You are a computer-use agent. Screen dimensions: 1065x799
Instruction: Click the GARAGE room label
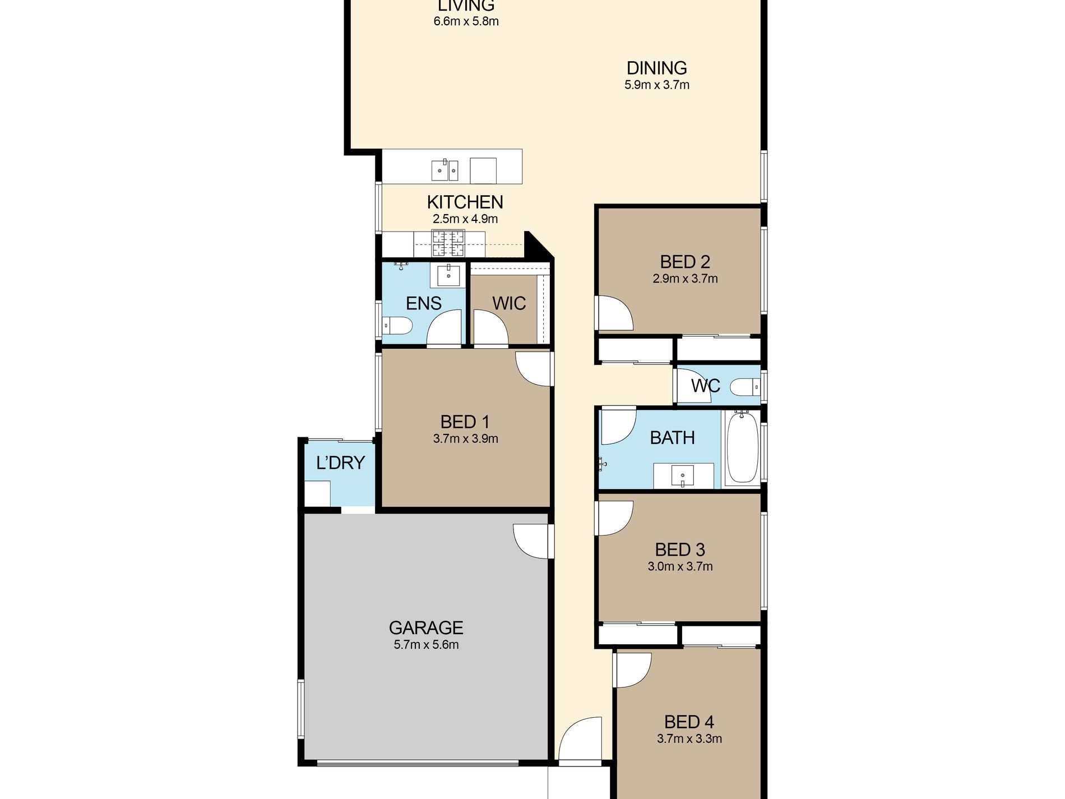click(x=426, y=627)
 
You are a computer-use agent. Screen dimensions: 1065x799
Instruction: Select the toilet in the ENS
click(x=397, y=325)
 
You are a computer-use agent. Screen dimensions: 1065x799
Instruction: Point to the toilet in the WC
click(x=745, y=387)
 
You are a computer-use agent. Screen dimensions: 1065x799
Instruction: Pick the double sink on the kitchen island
click(x=445, y=170)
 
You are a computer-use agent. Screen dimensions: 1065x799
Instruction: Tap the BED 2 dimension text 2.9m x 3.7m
click(x=685, y=279)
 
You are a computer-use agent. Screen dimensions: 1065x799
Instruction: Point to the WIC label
click(x=509, y=303)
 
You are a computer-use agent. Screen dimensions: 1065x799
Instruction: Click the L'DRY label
click(x=340, y=463)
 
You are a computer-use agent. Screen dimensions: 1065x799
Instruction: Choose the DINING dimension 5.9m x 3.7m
click(x=657, y=85)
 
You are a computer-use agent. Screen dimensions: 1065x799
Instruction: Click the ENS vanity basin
click(x=448, y=275)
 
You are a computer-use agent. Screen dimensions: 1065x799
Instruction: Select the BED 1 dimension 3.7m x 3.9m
click(x=465, y=439)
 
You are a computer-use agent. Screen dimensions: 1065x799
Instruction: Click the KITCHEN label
click(x=465, y=202)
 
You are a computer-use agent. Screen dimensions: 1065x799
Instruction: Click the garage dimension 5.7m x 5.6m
click(x=426, y=645)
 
